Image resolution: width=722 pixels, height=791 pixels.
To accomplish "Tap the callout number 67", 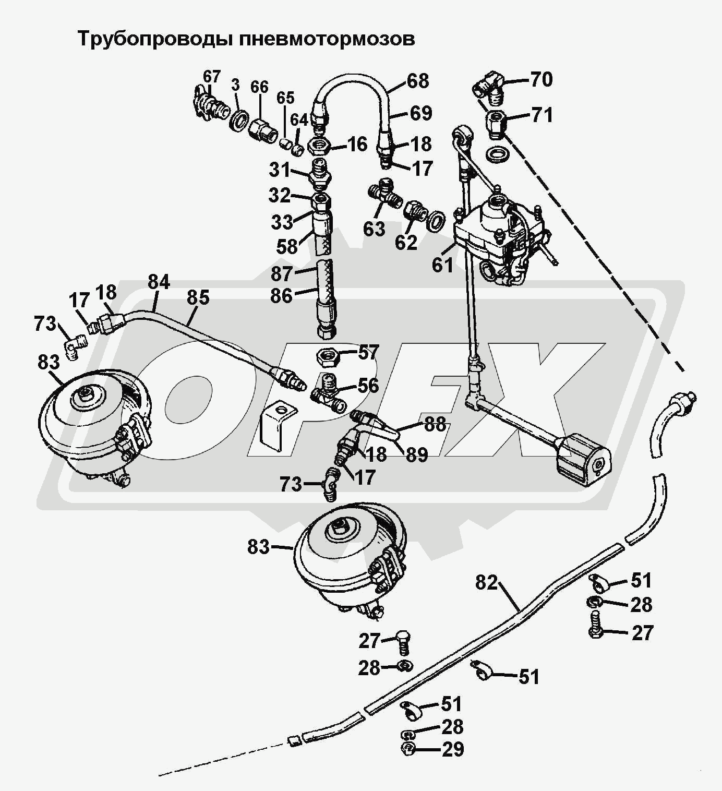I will click(x=212, y=77).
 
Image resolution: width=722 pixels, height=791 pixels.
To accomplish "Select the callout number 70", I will click(x=541, y=79).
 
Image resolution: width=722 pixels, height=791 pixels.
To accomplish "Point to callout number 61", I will click(x=442, y=265).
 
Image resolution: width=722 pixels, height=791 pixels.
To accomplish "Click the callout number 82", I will click(x=487, y=583).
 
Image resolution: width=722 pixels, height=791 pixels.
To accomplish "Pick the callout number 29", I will click(x=453, y=749).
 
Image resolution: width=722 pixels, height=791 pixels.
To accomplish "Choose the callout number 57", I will click(x=368, y=353).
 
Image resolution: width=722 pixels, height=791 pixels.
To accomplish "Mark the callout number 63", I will click(x=374, y=229).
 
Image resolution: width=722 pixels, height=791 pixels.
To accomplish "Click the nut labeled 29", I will click(x=407, y=749).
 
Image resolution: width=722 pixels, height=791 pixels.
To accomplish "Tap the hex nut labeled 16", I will click(x=319, y=145).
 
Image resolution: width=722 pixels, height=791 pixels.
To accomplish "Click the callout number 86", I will click(x=281, y=296).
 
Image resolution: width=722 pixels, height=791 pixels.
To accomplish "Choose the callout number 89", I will click(x=416, y=454).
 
